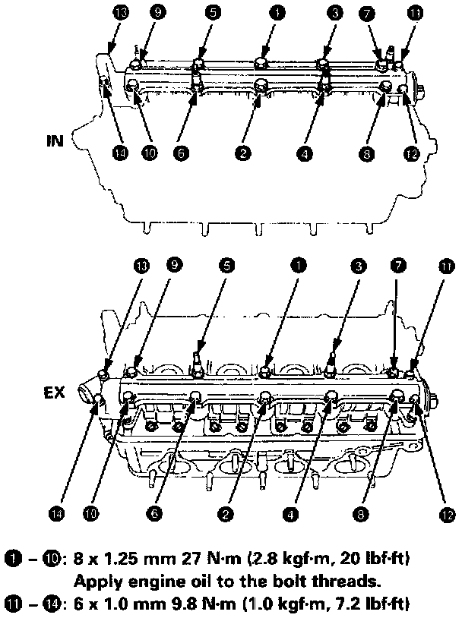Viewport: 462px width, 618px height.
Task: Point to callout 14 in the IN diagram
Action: coord(119,153)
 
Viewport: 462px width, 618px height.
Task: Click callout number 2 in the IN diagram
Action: coord(242,153)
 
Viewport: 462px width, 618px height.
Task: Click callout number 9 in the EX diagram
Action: coord(174,266)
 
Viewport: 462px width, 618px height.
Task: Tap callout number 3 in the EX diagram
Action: coord(359,266)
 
